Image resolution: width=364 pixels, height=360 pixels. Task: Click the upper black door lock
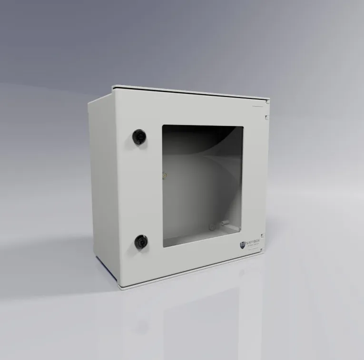139,136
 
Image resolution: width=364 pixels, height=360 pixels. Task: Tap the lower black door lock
140,242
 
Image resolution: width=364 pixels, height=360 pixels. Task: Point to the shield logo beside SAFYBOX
243,244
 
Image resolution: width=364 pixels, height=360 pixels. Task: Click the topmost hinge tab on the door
268,101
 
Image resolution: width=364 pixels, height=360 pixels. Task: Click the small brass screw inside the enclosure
165,175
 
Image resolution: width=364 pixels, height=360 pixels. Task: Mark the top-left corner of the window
163,126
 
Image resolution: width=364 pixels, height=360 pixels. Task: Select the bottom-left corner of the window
163,247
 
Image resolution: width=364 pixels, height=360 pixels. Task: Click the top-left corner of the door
112,87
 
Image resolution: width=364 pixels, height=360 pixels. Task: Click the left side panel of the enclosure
101,181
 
